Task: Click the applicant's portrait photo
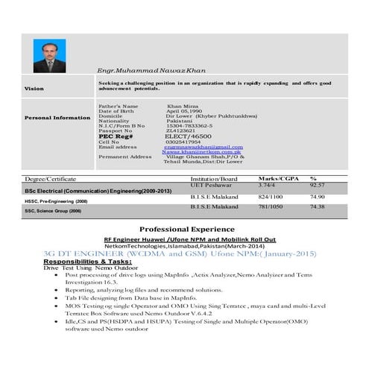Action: click(49, 56)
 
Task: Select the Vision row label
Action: click(34, 89)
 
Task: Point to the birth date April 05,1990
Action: click(186, 111)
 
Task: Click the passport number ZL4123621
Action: click(182, 131)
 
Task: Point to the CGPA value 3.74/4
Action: click(269, 185)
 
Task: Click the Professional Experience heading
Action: click(187, 229)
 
